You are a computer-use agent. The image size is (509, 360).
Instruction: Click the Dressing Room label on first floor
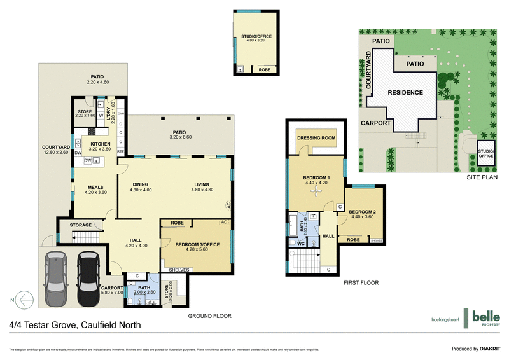pyautogui.click(x=316, y=138)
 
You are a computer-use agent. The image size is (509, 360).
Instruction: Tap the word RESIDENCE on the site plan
pyautogui.click(x=406, y=93)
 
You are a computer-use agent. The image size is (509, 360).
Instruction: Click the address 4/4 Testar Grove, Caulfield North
pyautogui.click(x=75, y=325)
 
